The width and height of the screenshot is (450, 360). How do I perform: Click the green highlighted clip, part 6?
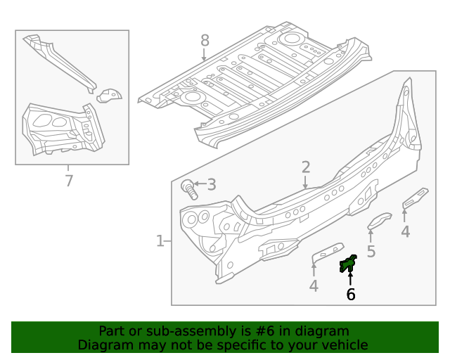(x=348, y=264)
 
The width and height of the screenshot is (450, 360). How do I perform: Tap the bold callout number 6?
(x=350, y=295)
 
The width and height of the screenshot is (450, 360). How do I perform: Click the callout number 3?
(x=211, y=186)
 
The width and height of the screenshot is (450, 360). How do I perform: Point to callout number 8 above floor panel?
(x=205, y=40)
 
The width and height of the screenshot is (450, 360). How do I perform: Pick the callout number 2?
(x=306, y=167)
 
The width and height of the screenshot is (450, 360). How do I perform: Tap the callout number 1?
(x=160, y=241)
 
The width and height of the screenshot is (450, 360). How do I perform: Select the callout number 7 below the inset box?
(x=69, y=181)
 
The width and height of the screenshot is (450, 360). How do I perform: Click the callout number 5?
(x=371, y=251)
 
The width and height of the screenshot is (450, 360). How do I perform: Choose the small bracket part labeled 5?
(x=380, y=221)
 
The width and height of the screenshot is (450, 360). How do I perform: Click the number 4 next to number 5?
(x=405, y=232)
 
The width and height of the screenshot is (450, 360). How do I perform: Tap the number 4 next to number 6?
(x=314, y=285)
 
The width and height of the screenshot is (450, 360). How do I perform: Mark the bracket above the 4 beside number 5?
(x=415, y=198)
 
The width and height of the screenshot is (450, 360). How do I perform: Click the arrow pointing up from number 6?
(x=350, y=277)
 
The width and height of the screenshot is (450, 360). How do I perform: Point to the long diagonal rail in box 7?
(x=60, y=61)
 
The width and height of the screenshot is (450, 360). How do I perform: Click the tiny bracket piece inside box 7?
(x=109, y=94)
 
